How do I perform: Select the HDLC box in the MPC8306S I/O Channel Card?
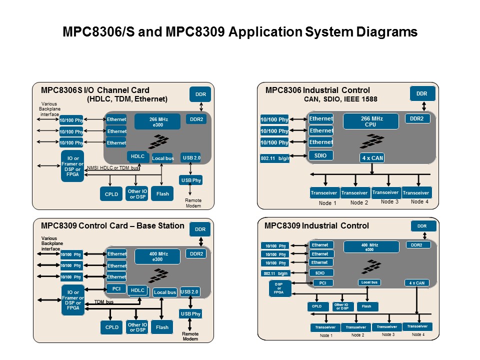(137, 156)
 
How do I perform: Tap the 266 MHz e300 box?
(157, 122)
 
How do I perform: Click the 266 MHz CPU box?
(370, 121)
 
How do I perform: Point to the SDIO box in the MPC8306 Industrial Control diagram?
(320, 155)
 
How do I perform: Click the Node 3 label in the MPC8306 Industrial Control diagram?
(389, 201)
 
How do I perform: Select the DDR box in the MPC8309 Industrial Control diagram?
(422, 226)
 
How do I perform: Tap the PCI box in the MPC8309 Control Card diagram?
(116, 288)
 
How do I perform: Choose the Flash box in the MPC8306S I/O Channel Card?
(162, 194)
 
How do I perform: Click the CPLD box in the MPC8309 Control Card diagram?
(112, 327)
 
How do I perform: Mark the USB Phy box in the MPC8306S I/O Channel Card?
(190, 180)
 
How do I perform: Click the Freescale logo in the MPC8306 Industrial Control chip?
(370, 141)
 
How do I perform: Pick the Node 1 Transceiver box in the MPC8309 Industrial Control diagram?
(325, 327)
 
